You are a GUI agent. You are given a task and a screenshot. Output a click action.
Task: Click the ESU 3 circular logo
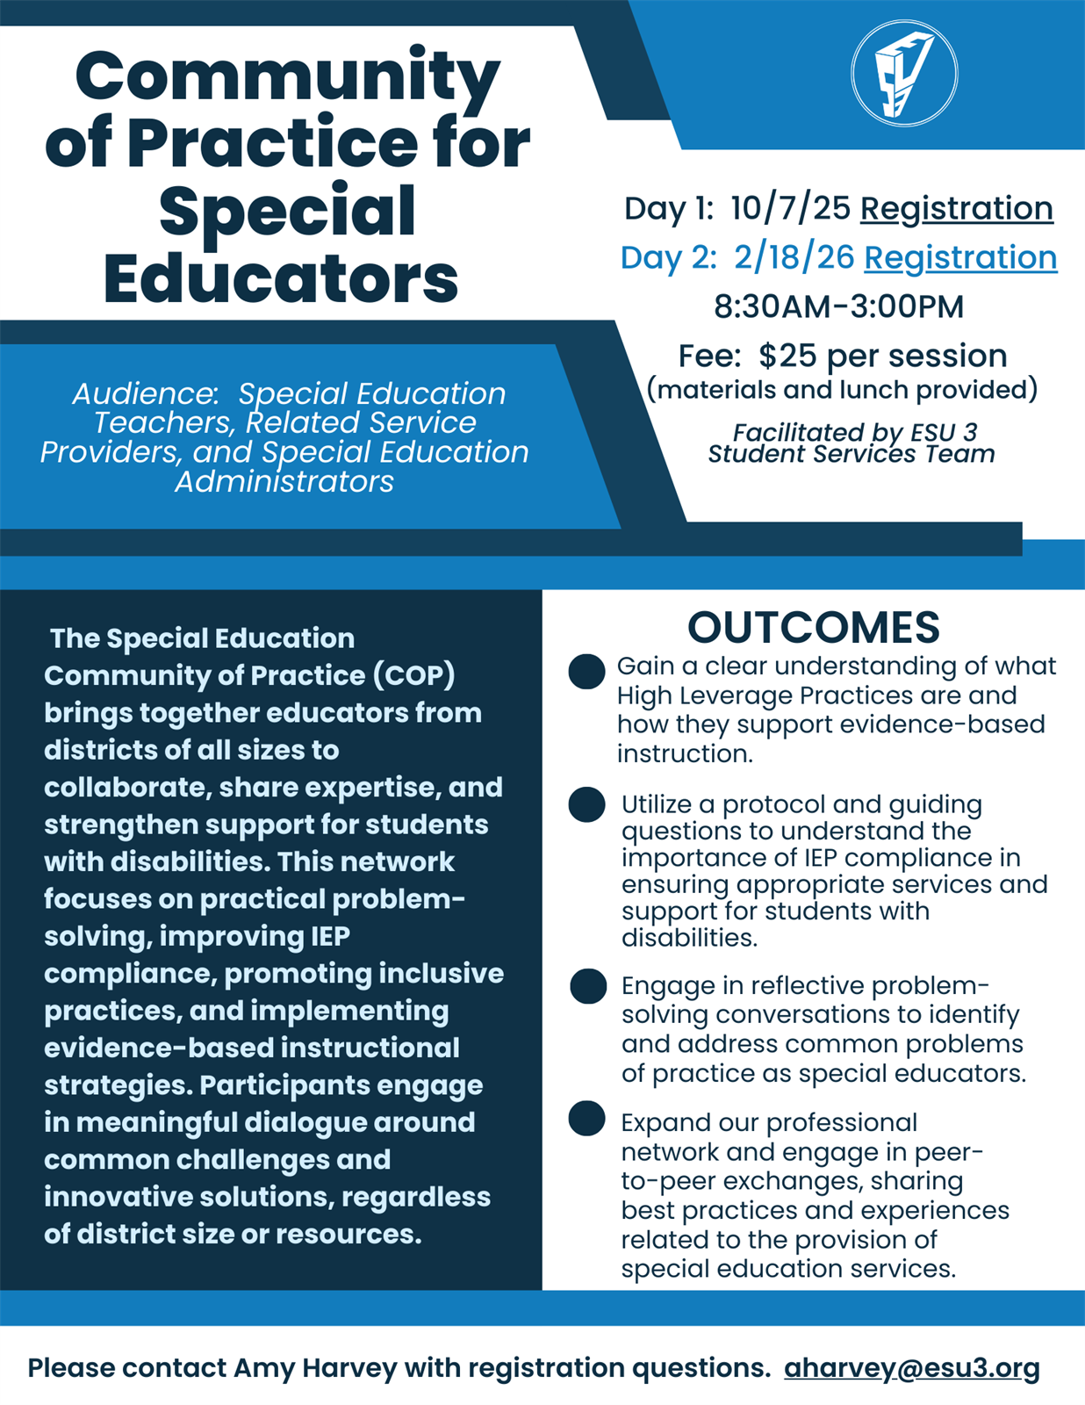pyautogui.click(x=904, y=74)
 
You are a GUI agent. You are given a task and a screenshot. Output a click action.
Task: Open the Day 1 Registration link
pyautogui.click(x=956, y=208)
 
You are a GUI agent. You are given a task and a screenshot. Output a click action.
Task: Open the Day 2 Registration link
pyautogui.click(x=960, y=257)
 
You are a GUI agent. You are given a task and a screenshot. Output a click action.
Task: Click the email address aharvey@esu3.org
pyautogui.click(x=911, y=1367)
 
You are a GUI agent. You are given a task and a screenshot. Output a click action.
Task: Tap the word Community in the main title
pyautogui.click(x=287, y=76)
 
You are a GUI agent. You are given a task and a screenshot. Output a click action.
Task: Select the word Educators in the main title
pyautogui.click(x=281, y=278)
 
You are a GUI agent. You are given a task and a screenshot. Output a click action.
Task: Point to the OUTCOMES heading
pyautogui.click(x=813, y=627)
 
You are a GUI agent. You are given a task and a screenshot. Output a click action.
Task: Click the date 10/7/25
pyautogui.click(x=790, y=208)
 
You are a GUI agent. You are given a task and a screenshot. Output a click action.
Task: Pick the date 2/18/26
pyautogui.click(x=794, y=257)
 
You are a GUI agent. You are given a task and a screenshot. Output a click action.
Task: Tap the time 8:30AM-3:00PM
pyautogui.click(x=838, y=306)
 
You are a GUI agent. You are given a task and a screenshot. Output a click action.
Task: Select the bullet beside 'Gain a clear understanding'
pyautogui.click(x=586, y=672)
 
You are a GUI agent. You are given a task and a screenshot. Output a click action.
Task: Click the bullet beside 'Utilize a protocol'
pyautogui.click(x=586, y=804)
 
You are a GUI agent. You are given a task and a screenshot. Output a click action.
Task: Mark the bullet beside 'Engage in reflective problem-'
pyautogui.click(x=587, y=986)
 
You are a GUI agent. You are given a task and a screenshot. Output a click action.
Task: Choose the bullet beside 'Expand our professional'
pyautogui.click(x=586, y=1119)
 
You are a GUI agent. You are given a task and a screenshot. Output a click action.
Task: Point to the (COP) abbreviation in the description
pyautogui.click(x=413, y=675)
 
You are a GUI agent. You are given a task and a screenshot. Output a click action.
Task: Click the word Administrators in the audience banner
pyautogui.click(x=284, y=481)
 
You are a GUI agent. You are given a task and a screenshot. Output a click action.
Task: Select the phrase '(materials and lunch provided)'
pyautogui.click(x=842, y=389)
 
